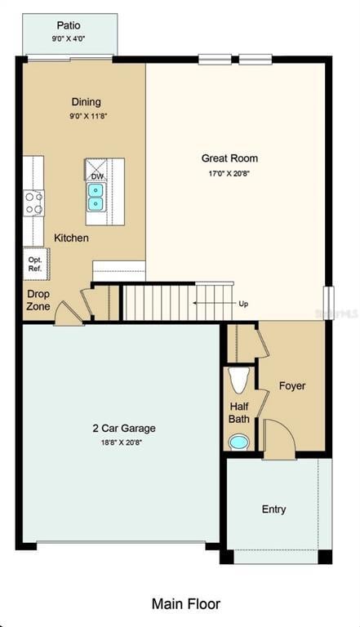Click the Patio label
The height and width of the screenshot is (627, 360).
[69, 25]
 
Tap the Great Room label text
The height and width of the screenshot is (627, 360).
[229, 158]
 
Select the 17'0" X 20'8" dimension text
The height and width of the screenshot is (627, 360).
[229, 174]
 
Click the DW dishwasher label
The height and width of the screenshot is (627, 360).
[97, 176]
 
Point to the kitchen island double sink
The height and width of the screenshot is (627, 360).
[96, 197]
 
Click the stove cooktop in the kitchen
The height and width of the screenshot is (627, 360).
[33, 202]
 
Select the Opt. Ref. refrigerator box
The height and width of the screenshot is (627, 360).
[36, 264]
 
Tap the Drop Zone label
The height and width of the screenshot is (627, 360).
[38, 300]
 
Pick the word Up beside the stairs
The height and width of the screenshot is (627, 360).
[243, 304]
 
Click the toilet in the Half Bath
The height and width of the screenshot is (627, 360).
[238, 381]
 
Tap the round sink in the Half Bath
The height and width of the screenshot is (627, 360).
[238, 442]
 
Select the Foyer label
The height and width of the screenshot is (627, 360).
[291, 385]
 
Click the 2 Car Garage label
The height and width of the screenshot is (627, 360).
[123, 428]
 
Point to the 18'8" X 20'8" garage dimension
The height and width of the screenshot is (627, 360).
[123, 442]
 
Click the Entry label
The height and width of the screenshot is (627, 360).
[273, 509]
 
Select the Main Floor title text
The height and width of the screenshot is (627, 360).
[185, 604]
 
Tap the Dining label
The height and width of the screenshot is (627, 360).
[87, 102]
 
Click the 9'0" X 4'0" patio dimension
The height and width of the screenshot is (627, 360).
[69, 38]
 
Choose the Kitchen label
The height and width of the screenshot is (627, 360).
[71, 238]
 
